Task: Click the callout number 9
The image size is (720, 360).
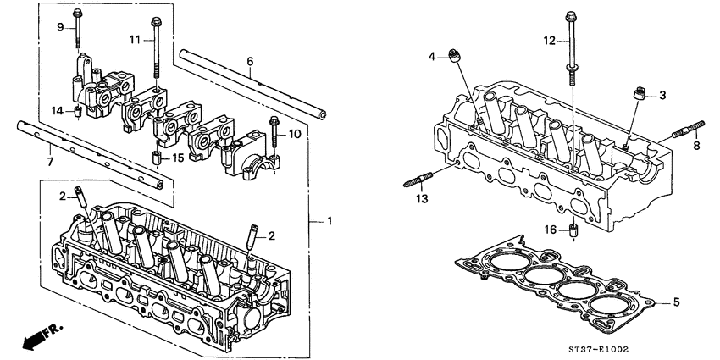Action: [60, 28]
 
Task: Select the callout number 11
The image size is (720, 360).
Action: [135, 40]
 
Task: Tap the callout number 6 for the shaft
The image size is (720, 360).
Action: [250, 61]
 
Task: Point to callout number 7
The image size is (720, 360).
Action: [49, 160]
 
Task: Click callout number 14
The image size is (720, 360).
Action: [57, 111]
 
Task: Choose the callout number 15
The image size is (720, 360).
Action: [178, 158]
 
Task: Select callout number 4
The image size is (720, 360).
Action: [431, 57]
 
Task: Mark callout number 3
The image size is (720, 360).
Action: [663, 95]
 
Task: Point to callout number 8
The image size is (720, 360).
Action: [696, 146]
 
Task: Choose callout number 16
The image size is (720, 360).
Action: [550, 229]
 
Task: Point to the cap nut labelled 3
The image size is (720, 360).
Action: [641, 92]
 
